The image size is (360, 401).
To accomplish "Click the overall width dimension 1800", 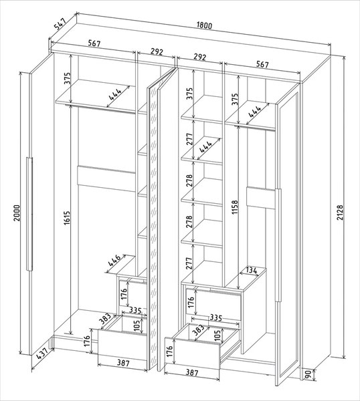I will [x=205, y=26].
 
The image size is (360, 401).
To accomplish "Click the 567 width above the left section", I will [x=94, y=44].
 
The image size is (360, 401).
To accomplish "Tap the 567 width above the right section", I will [x=262, y=65].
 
